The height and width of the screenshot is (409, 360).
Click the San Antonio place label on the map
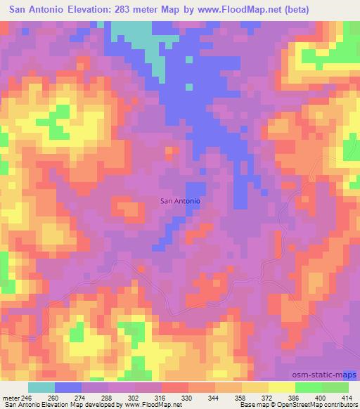(181, 201)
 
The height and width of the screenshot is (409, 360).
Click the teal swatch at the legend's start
(41, 387)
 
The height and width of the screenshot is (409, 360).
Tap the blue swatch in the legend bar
(68, 387)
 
